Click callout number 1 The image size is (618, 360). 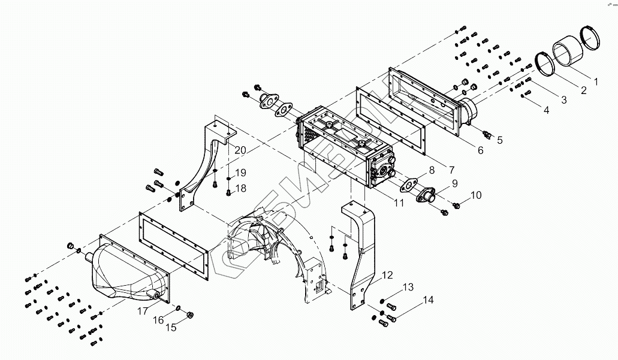tap(595, 80)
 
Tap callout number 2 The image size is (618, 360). tap(581, 90)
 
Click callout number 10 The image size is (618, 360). tap(475, 195)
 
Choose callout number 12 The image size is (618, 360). tap(388, 275)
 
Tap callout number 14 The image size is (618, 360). tap(429, 300)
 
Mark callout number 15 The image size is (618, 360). tap(171, 327)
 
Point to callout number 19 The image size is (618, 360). tap(240, 173)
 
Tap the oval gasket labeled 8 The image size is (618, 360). tap(411, 185)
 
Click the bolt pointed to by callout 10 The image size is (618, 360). tap(456, 206)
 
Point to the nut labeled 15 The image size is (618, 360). tap(190, 314)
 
